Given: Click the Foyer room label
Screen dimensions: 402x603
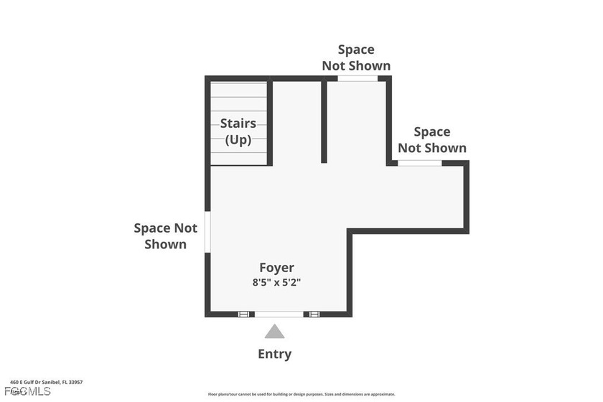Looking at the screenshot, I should point(276,268).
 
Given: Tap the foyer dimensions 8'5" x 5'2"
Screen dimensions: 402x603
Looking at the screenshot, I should point(276,282).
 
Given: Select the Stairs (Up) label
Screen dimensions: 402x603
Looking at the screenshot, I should point(238,131).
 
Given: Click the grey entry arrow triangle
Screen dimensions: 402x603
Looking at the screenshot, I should point(274,332).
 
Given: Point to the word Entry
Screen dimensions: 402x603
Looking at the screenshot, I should point(275,354).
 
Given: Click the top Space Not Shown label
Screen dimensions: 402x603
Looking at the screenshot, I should point(356,57).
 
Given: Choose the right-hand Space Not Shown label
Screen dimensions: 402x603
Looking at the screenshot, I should point(432,140).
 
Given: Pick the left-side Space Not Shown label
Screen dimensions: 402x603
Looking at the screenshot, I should point(166,236).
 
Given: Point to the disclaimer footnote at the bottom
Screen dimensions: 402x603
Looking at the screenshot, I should point(301,394).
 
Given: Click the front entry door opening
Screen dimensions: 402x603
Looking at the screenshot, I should point(279,314).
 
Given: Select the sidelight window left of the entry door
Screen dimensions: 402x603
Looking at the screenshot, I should point(244,314).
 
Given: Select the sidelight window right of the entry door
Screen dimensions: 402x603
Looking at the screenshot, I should point(314,314).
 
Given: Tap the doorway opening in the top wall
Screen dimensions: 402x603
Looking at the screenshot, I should point(357,78).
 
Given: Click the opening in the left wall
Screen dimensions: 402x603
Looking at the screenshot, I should point(207,231).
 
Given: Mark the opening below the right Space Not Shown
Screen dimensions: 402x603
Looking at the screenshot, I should point(420,164).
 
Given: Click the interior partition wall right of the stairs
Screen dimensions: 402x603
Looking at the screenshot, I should point(324,122).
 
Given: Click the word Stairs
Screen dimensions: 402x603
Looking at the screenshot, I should point(238,123).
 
